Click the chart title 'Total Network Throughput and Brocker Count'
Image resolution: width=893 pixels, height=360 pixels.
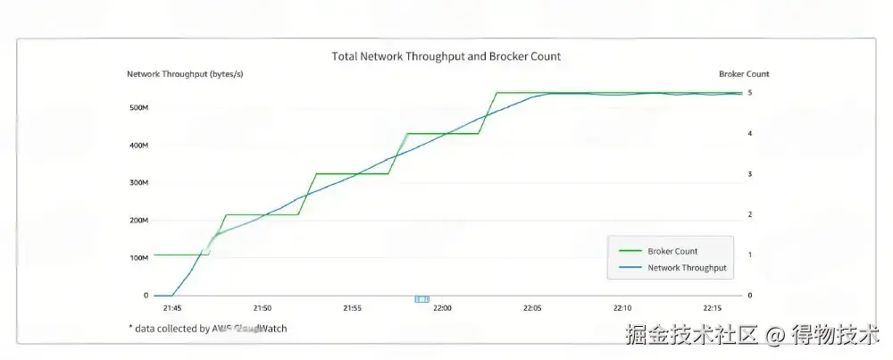pos(446,56)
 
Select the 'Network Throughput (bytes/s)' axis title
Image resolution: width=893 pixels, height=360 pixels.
pos(185,74)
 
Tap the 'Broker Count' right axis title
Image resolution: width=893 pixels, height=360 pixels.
pos(744,74)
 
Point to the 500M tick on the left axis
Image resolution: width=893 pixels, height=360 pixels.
pos(138,108)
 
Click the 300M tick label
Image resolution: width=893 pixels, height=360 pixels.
pos(138,183)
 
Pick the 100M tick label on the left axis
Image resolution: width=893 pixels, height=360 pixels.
pos(138,258)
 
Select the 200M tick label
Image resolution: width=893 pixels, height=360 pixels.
pos(138,221)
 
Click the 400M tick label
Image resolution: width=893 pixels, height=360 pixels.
pos(138,146)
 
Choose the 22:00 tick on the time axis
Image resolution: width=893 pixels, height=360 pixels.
pos(442,308)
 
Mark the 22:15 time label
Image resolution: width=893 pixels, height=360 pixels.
pos(713,308)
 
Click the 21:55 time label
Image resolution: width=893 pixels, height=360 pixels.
pos(352,308)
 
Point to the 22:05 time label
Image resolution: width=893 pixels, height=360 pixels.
pos(532,308)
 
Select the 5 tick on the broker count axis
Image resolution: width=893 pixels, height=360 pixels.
pos(750,93)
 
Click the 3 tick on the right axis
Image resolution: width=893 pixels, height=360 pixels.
pos(750,174)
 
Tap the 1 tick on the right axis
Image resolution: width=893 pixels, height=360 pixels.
pos(750,255)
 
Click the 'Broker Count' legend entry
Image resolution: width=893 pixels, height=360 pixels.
pos(672,252)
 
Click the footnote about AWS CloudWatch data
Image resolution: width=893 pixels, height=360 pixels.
pos(207,329)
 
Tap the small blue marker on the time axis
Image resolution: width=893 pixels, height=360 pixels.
pos(422,299)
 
